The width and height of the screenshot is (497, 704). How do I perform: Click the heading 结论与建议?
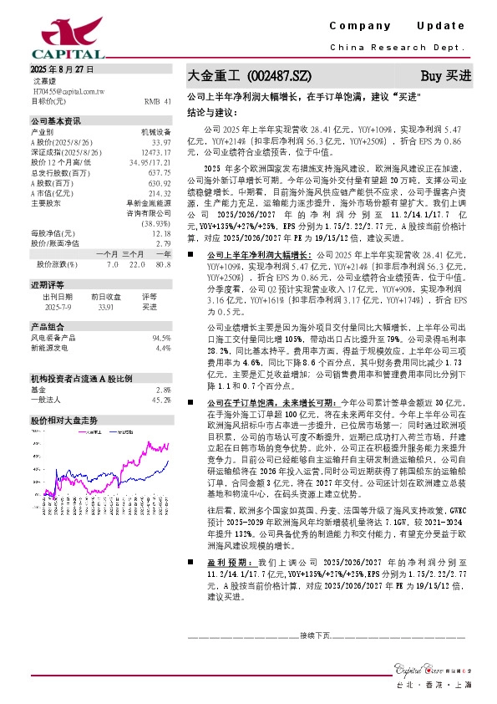click(212, 111)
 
